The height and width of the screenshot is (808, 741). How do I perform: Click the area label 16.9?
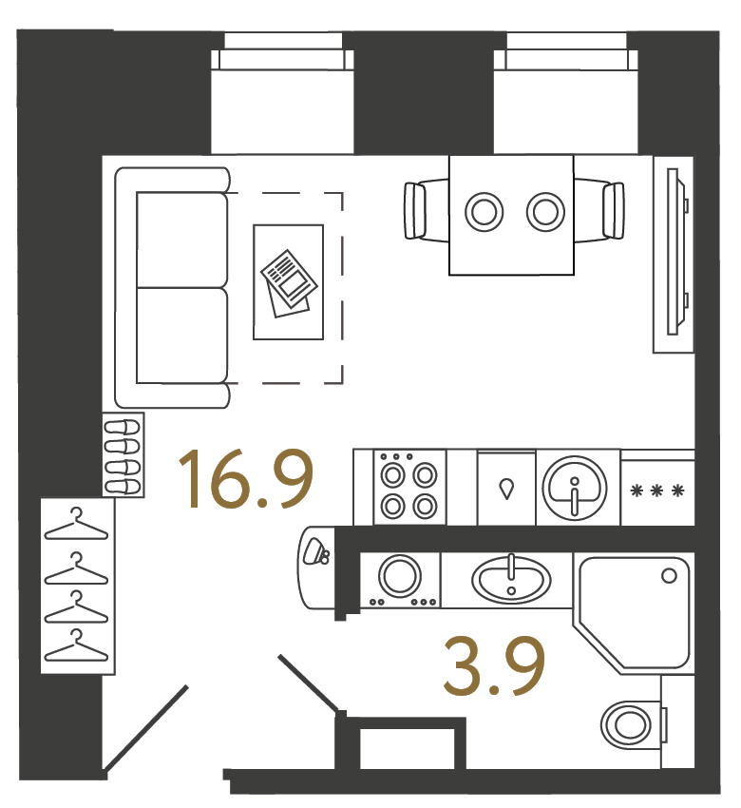pyautogui.click(x=246, y=479)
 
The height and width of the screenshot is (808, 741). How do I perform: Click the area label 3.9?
pyautogui.click(x=494, y=665)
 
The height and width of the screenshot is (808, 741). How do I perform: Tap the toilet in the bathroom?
pyautogui.click(x=635, y=725)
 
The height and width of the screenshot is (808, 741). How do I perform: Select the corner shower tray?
pyautogui.click(x=634, y=614)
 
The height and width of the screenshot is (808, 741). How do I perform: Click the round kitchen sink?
pyautogui.click(x=574, y=488)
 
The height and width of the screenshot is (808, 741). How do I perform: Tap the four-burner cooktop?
pyautogui.click(x=409, y=488)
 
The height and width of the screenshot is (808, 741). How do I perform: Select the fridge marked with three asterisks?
pyautogui.click(x=657, y=488)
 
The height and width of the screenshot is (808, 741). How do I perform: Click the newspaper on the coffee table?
pyautogui.click(x=289, y=282)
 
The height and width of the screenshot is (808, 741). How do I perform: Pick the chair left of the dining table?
pyautogui.click(x=426, y=211)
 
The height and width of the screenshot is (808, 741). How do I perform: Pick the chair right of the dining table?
pyautogui.click(x=599, y=211)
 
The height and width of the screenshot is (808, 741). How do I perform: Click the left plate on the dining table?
pyautogui.click(x=484, y=212)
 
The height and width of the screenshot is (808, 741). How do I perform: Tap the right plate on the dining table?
pyautogui.click(x=544, y=212)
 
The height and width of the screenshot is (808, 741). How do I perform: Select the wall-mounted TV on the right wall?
pyautogui.click(x=677, y=252)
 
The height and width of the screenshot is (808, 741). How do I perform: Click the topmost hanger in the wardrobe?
pyautogui.click(x=76, y=525)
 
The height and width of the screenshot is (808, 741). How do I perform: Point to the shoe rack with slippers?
pyautogui.click(x=123, y=455)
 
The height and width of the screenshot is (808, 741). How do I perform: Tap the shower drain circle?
pyautogui.click(x=669, y=576)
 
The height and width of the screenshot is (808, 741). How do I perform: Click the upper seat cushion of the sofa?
pyautogui.click(x=181, y=240)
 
